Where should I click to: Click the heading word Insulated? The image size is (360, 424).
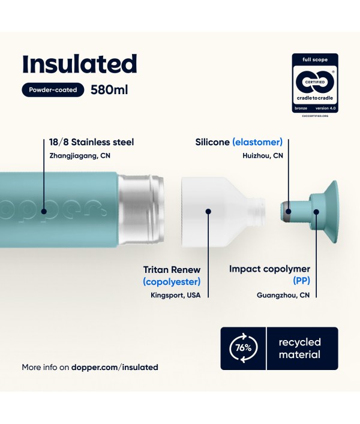pyautogui.click(x=80, y=64)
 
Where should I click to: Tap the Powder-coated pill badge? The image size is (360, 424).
pyautogui.click(x=53, y=90)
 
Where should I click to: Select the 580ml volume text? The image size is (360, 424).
pyautogui.click(x=109, y=90)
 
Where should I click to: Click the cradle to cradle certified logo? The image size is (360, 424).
pyautogui.click(x=315, y=83)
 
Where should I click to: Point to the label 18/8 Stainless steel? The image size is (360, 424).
pyautogui.click(x=91, y=142)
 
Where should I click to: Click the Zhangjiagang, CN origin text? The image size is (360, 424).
pyautogui.click(x=80, y=156)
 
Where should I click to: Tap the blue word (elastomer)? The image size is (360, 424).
pyautogui.click(x=257, y=142)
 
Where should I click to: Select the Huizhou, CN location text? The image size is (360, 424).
pyautogui.click(x=263, y=156)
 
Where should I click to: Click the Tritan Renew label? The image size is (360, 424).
pyautogui.click(x=172, y=270)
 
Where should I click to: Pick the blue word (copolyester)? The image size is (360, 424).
pyautogui.click(x=172, y=282)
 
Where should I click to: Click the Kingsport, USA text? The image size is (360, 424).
pyautogui.click(x=176, y=295)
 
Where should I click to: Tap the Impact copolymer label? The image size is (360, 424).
pyautogui.click(x=269, y=269)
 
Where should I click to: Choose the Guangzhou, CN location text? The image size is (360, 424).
pyautogui.click(x=283, y=295)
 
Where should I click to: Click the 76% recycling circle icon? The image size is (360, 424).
pyautogui.click(x=243, y=348)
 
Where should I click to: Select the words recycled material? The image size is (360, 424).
pyautogui.click(x=299, y=348)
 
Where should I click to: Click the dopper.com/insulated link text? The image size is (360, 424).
pyautogui.click(x=115, y=367)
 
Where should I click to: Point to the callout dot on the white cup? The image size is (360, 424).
pyautogui.click(x=208, y=212)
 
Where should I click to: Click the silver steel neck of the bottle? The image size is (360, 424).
pyautogui.click(x=141, y=209)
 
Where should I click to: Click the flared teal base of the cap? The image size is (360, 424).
pyautogui.click(x=332, y=212)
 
